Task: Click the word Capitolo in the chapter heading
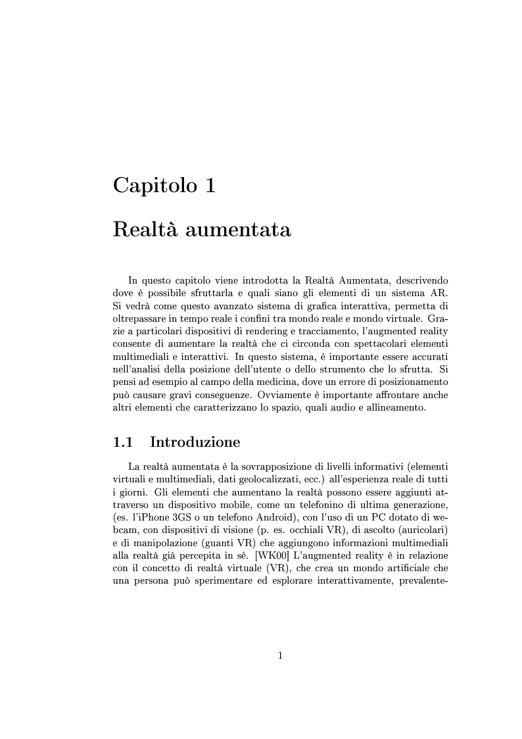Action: click(154, 185)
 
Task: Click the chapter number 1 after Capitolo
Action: click(210, 185)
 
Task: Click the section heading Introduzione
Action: click(195, 442)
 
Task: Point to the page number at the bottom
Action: click(281, 655)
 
